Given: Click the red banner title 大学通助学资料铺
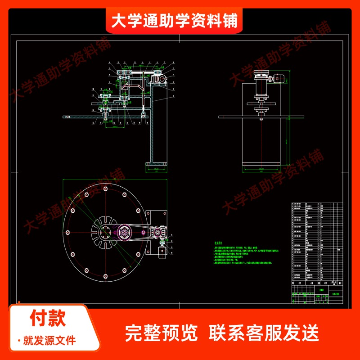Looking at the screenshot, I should click(174, 20).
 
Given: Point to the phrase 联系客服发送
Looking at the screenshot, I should click(264, 333).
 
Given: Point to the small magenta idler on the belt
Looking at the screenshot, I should click(143, 232).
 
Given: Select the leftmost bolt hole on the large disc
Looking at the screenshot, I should click(67, 232).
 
